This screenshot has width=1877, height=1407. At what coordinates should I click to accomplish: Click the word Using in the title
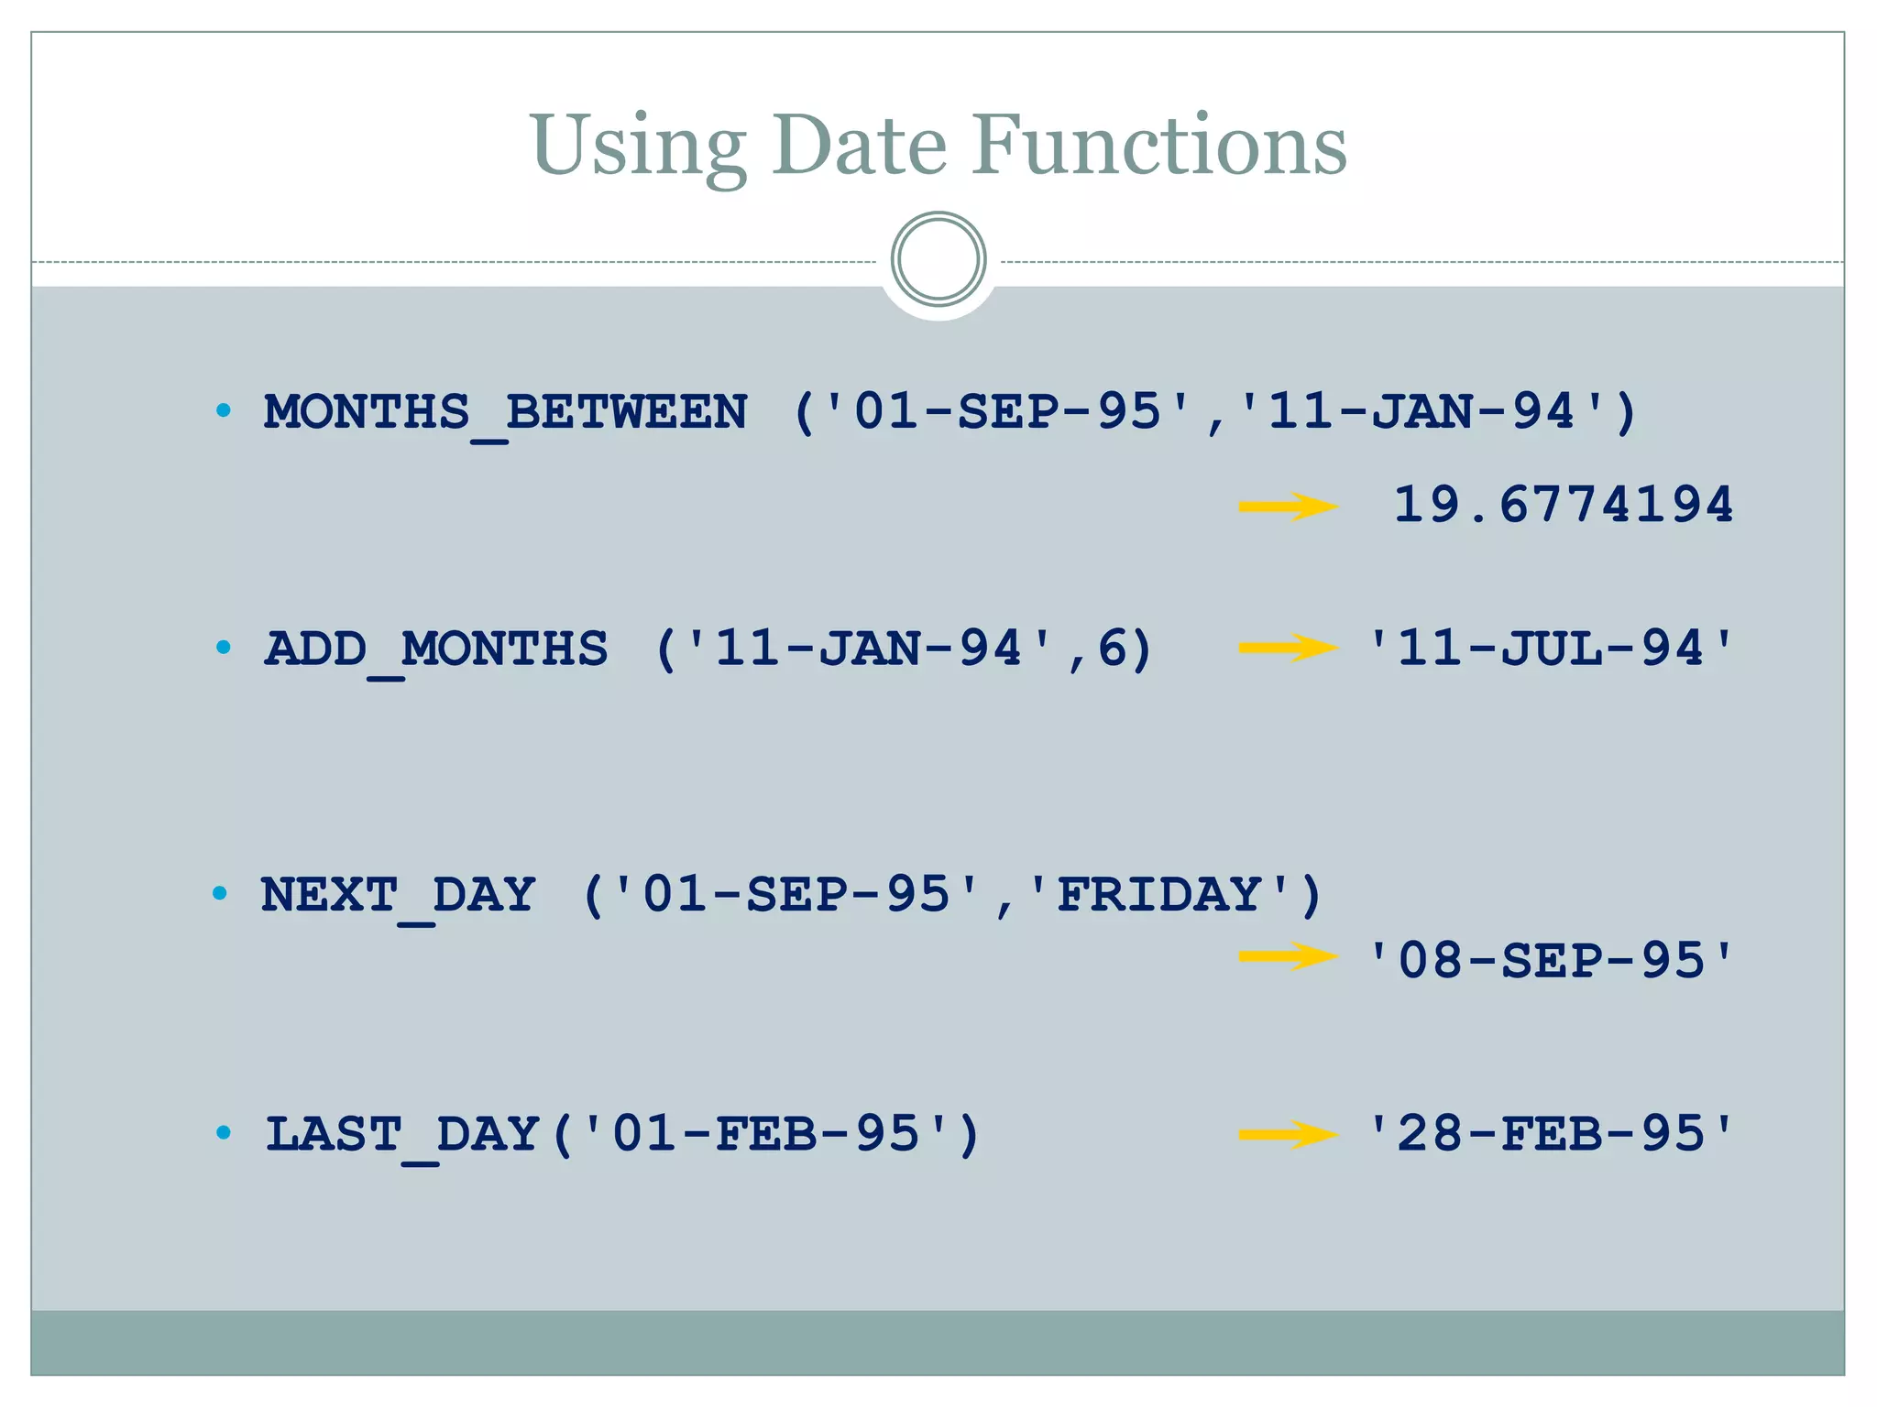(x=637, y=147)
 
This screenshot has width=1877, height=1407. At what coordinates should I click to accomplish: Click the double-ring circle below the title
(x=938, y=259)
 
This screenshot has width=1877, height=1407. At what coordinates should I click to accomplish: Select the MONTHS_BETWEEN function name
(x=505, y=412)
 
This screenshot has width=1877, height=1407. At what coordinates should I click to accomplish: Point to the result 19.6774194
(x=1563, y=505)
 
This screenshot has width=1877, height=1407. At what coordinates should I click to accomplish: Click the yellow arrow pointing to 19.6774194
(x=1288, y=507)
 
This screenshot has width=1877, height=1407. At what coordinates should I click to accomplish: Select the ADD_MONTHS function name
(x=436, y=649)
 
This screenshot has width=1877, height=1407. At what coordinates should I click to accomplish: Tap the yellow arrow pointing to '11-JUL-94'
(x=1288, y=649)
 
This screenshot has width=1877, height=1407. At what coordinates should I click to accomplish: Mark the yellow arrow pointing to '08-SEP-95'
(x=1288, y=957)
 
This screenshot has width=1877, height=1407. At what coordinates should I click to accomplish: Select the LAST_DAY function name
(x=402, y=1134)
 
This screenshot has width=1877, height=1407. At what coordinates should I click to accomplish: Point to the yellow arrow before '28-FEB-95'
(x=1288, y=1135)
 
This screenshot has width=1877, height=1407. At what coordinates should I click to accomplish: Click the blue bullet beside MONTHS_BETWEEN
(x=223, y=410)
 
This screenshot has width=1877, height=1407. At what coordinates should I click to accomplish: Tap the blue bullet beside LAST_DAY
(x=223, y=1133)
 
